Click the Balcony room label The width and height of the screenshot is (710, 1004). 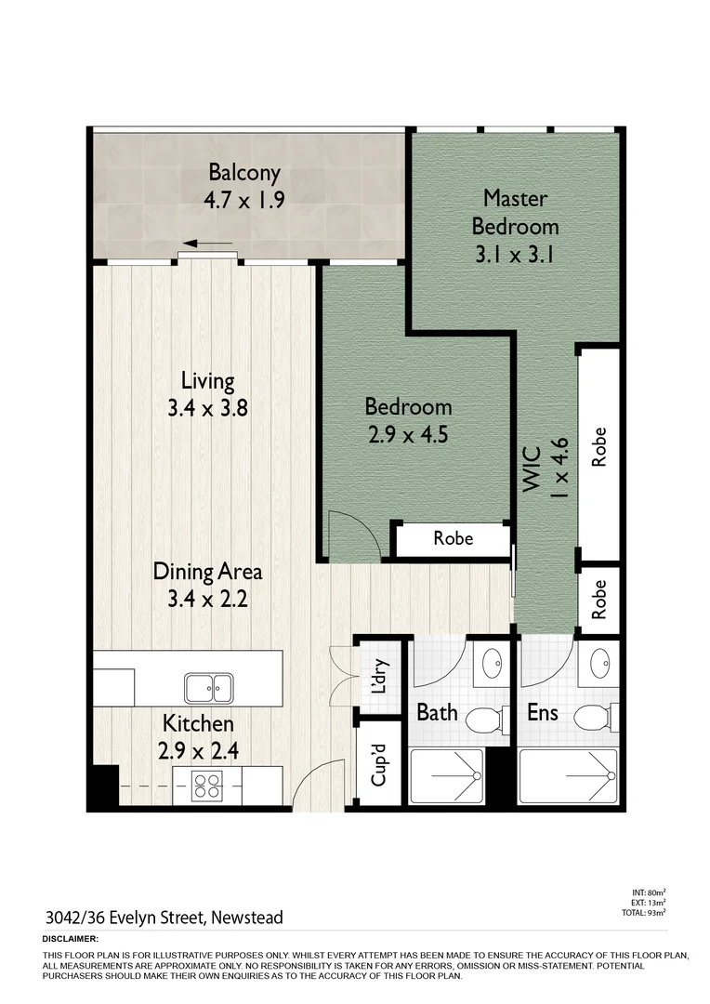tap(243, 173)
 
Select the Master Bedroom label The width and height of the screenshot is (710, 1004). tap(515, 212)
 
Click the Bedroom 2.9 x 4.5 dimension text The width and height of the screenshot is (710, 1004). tap(408, 434)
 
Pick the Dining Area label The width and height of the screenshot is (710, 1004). tap(207, 571)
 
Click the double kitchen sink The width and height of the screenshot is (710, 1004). tap(209, 689)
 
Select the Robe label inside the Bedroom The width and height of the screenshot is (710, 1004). tap(453, 538)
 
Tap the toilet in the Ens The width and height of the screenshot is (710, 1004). tap(593, 719)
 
